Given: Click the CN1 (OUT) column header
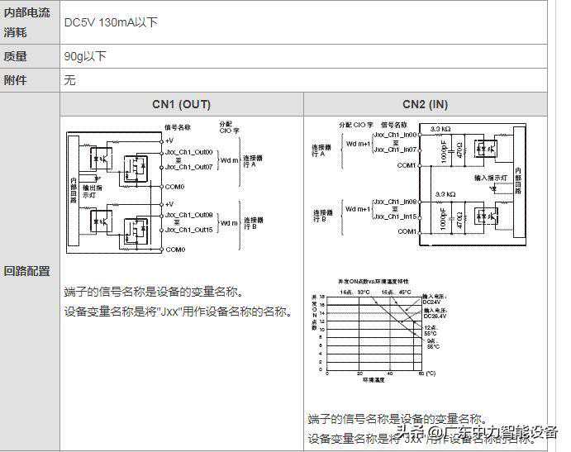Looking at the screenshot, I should pos(181,104).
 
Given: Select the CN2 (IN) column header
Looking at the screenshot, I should pos(425,104).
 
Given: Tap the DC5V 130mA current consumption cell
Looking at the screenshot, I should pos(111,22).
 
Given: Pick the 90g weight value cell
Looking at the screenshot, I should pos(85,56).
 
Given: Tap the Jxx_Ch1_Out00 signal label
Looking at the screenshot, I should pos(189,152).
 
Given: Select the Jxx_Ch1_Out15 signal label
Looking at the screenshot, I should pos(189,229).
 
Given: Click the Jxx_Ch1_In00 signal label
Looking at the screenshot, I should pos(395,134).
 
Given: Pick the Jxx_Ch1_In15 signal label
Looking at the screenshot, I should pos(395,216).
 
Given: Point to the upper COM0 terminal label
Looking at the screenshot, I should pos(174,187).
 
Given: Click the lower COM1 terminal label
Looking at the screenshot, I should pos(407,232).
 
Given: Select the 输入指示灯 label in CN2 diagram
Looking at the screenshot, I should pos(490,178).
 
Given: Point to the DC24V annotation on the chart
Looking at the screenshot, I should pos(435,302).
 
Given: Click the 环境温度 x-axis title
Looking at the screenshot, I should pos(374,382).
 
